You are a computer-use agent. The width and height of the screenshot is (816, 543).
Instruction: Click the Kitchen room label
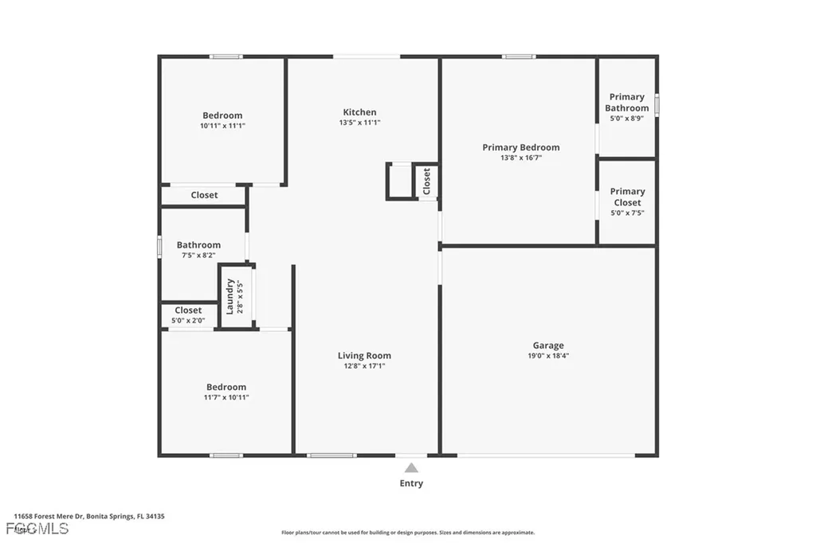click(359, 112)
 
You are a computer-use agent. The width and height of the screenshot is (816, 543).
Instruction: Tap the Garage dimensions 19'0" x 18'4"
click(548, 357)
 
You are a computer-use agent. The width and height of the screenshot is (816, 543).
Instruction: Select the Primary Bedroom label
click(520, 147)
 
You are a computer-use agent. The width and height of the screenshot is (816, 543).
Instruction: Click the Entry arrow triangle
click(411, 468)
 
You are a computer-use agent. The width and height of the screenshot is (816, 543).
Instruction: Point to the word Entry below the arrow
click(411, 483)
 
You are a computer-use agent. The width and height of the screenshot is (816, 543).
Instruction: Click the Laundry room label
click(230, 295)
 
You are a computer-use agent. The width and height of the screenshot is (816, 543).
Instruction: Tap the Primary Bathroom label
click(626, 103)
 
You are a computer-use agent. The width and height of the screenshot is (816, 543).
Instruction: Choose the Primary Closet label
click(627, 197)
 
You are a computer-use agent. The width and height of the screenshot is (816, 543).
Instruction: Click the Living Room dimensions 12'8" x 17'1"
click(364, 367)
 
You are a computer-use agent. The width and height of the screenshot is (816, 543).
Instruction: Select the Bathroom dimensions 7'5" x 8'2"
click(198, 256)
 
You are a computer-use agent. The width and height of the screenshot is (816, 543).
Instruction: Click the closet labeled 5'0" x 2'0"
click(188, 315)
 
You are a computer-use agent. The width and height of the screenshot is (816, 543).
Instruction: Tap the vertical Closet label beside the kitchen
click(426, 182)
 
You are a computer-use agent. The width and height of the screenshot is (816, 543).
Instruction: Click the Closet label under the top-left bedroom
click(204, 195)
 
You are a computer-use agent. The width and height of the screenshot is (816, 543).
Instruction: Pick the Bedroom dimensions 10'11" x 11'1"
click(222, 126)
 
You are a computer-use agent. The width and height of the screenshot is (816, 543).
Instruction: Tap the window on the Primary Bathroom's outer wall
click(657, 105)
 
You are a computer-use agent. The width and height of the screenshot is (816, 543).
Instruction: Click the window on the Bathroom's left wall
click(159, 246)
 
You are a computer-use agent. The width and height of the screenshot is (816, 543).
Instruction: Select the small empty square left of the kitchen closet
click(399, 182)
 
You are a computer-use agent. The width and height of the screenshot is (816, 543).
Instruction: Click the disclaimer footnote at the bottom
click(407, 533)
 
